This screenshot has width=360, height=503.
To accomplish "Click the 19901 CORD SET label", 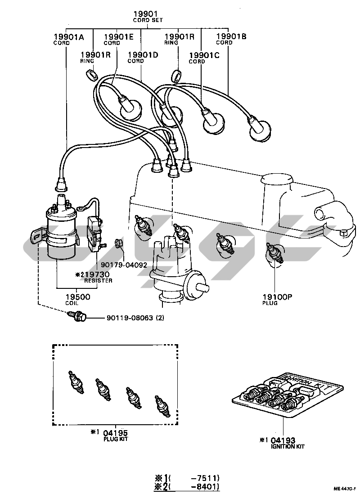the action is pyautogui.click(x=148, y=17).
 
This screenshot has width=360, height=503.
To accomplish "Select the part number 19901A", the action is pyautogui.click(x=69, y=37).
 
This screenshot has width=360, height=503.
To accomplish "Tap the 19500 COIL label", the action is pyautogui.click(x=78, y=299).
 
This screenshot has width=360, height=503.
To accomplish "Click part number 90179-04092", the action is pyautogui.click(x=124, y=265).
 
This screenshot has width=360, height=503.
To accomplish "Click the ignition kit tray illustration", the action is pyautogui.click(x=288, y=395).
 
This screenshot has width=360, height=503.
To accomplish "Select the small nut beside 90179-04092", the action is pyautogui.click(x=119, y=243).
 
